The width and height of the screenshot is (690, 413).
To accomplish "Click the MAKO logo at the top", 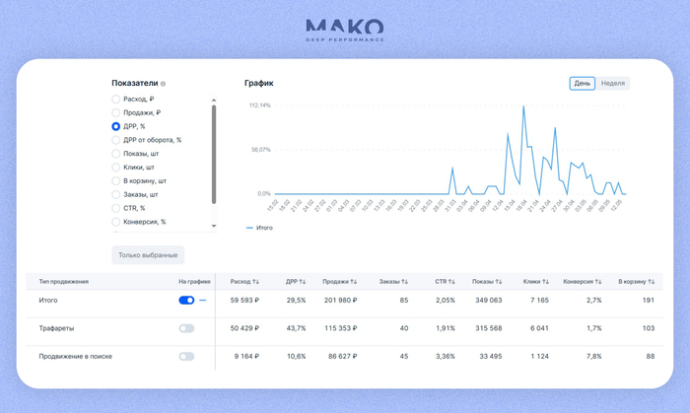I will (x=344, y=30).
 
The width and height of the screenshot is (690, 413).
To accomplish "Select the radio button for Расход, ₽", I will (x=116, y=100).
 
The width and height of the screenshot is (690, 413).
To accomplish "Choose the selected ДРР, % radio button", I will (x=116, y=126).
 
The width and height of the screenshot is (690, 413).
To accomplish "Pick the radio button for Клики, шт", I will (x=116, y=168).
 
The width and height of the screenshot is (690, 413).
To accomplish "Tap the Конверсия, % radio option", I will (x=116, y=222).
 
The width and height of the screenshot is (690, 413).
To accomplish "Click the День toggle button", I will (x=583, y=84).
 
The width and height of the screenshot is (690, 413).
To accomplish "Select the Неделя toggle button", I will (x=613, y=84).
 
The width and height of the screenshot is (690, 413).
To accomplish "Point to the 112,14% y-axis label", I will (x=260, y=105).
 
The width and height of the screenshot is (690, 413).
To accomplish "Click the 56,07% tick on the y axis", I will (x=260, y=150).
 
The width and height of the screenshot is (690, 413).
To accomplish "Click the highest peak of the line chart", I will (x=523, y=106).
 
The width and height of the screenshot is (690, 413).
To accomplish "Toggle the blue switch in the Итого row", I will (x=186, y=301).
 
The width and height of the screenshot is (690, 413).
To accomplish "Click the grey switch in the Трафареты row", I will (x=186, y=328).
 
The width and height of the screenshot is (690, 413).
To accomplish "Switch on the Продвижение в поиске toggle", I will (x=186, y=356).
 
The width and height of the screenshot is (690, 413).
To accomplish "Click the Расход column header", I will (x=243, y=282).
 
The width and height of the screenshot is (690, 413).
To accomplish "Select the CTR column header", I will (x=446, y=282).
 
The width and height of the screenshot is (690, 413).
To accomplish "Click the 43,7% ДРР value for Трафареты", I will (x=295, y=328).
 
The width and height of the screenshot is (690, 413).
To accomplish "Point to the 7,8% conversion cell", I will (x=593, y=356).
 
